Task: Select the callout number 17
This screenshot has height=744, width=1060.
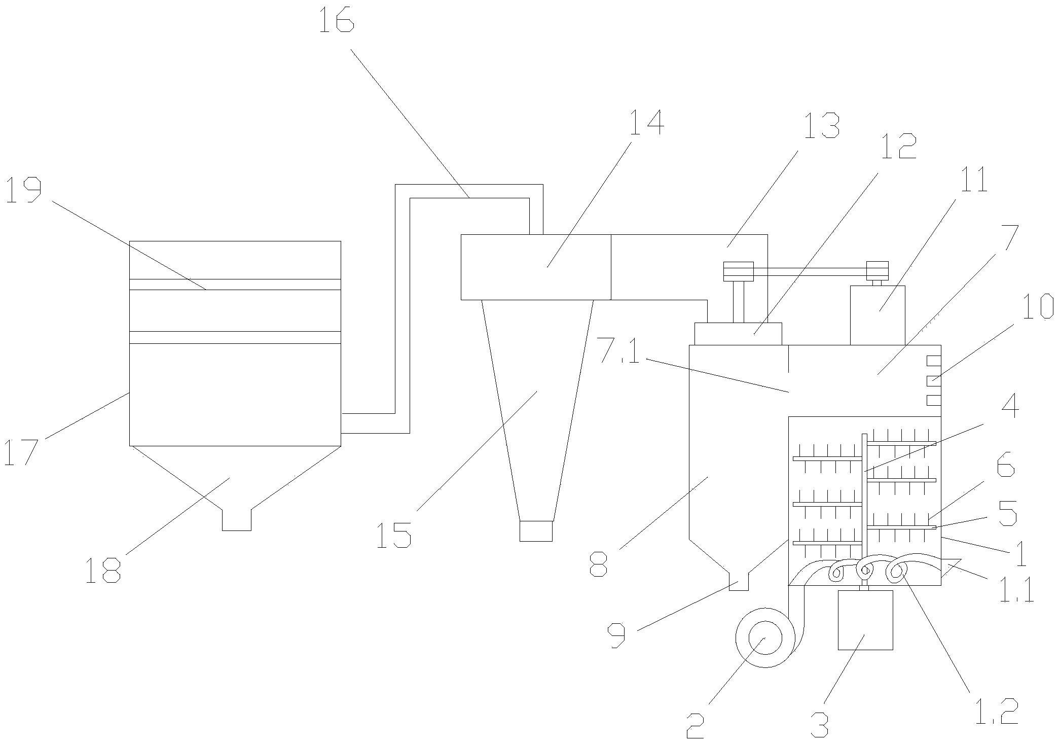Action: (x=21, y=452)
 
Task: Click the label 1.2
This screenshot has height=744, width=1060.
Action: (x=994, y=712)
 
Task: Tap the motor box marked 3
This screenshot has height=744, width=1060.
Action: (x=865, y=620)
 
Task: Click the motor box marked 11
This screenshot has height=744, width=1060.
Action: (x=878, y=315)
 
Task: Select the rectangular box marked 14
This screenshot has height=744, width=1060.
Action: (x=536, y=267)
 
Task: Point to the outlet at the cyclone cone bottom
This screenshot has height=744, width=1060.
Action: (x=536, y=531)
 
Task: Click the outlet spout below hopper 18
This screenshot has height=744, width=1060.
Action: (x=237, y=520)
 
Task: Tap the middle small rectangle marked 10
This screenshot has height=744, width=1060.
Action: (x=934, y=380)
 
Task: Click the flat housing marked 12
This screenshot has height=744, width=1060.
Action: (x=738, y=334)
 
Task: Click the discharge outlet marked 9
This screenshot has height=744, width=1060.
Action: (x=739, y=582)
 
